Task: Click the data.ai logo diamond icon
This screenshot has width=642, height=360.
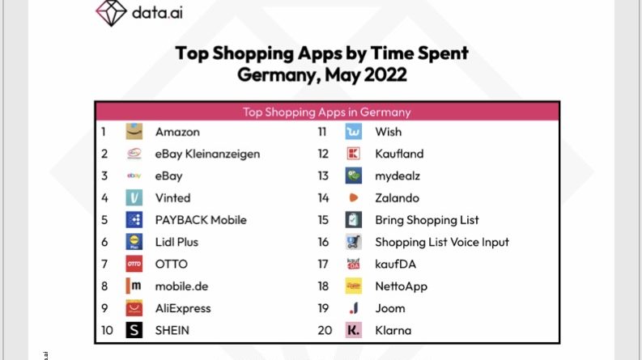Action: coord(111,12)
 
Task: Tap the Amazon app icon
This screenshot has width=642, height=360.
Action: coord(134,132)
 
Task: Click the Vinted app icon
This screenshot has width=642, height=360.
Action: coord(134,197)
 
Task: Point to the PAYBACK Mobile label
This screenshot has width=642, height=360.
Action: coord(201,220)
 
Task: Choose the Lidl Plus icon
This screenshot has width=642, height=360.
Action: coord(134,242)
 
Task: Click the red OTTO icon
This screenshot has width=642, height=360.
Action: coord(134,264)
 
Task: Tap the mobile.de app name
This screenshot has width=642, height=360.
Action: coord(183,286)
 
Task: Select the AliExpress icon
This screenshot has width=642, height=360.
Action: coord(134,308)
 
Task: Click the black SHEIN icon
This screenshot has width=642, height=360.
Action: coord(134,330)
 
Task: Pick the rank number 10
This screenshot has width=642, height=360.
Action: coord(107,330)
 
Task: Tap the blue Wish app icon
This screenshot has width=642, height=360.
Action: coord(354,132)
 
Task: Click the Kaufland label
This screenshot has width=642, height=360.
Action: coord(399,154)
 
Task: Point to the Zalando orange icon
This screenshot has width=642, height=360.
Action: coord(354,197)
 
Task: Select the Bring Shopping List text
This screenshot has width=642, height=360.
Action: coord(427,220)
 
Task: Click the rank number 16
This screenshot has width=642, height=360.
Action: coord(323,242)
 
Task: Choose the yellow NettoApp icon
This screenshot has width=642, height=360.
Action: coord(354,286)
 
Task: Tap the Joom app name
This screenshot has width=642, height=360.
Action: coord(391,308)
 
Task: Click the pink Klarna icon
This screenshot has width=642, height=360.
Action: coord(354,330)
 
